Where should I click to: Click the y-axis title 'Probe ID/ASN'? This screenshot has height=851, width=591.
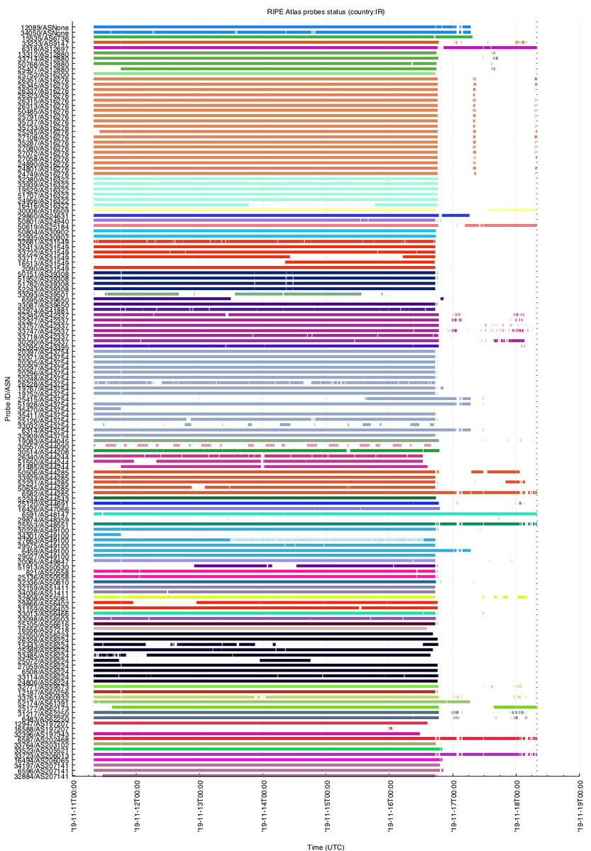[7, 401]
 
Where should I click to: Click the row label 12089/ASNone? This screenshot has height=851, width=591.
[45, 27]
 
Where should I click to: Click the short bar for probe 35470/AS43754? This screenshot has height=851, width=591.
[107, 409]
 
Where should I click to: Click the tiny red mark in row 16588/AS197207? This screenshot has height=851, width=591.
[390, 728]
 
